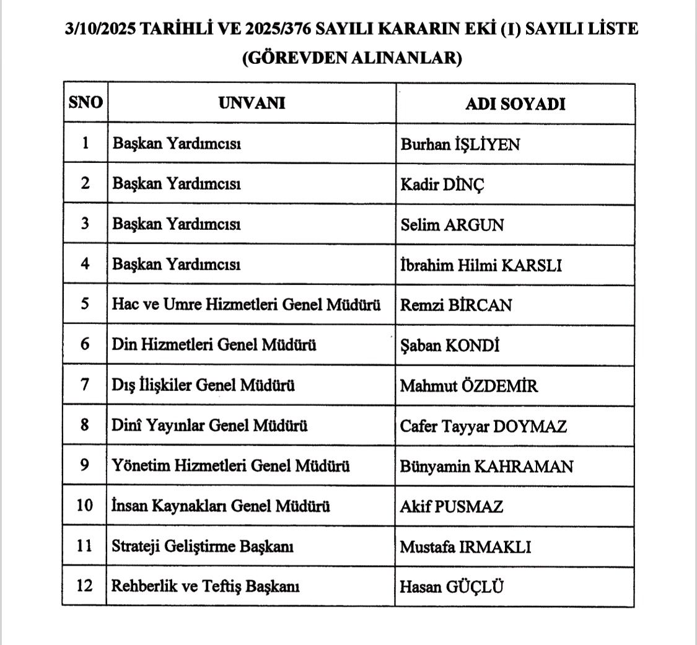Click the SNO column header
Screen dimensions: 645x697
(x=85, y=103)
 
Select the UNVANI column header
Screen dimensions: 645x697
(x=252, y=103)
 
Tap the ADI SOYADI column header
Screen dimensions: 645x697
(x=515, y=103)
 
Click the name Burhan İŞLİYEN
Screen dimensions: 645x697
(x=460, y=144)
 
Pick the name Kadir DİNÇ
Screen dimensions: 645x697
(x=442, y=185)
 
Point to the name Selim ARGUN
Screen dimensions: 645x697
(x=452, y=225)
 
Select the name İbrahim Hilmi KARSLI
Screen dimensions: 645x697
(x=481, y=265)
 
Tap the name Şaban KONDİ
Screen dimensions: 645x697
(x=450, y=345)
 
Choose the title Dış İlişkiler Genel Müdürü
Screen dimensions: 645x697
(x=203, y=385)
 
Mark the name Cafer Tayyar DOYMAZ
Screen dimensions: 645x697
(x=483, y=426)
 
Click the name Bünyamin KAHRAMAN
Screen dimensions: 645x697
(x=486, y=466)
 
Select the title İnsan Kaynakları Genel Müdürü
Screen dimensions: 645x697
(x=221, y=506)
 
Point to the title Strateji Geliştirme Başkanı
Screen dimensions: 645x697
(x=202, y=546)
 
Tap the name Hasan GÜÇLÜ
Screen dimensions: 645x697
(x=451, y=586)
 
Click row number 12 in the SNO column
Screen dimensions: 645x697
(x=85, y=586)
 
